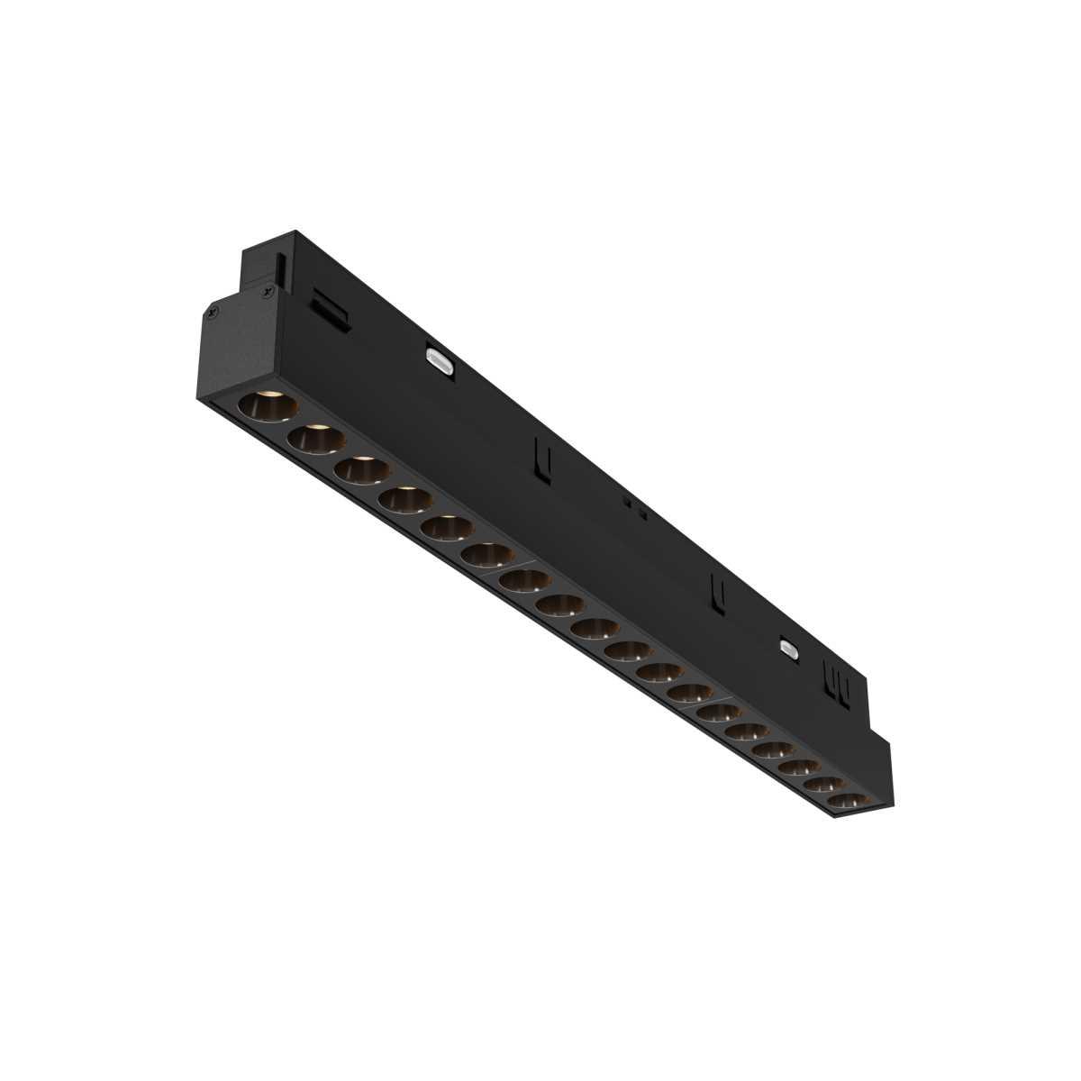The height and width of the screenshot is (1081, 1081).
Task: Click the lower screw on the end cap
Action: (210, 313)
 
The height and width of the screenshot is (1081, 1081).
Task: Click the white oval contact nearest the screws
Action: (441, 360)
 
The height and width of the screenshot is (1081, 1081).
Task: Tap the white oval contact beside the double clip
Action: (790, 648)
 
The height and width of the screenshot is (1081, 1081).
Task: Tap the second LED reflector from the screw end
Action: (315, 439)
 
